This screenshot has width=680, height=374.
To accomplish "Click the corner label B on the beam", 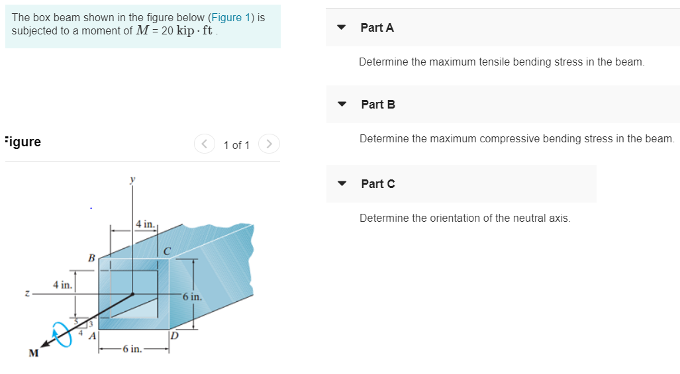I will pos(92,257).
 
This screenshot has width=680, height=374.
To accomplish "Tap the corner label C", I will pos(167,251).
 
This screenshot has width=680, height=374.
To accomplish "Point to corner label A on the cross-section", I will pos(93,336).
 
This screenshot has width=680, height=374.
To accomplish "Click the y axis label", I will pos(132,179).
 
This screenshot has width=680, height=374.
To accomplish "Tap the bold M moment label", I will pos(32,353).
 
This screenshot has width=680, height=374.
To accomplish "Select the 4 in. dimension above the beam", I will pos(145,224).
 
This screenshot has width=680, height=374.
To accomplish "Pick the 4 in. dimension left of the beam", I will pos(63,285).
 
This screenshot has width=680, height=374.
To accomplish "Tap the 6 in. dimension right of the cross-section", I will pos(192,297).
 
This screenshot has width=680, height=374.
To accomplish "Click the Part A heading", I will pos(377,28).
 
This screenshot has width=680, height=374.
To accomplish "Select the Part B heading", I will pos(378,105).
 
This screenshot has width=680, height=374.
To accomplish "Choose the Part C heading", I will pos(378,184).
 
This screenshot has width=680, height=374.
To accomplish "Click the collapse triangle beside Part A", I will pos(342,28).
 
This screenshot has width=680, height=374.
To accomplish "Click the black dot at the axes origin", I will pos(133,294).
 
